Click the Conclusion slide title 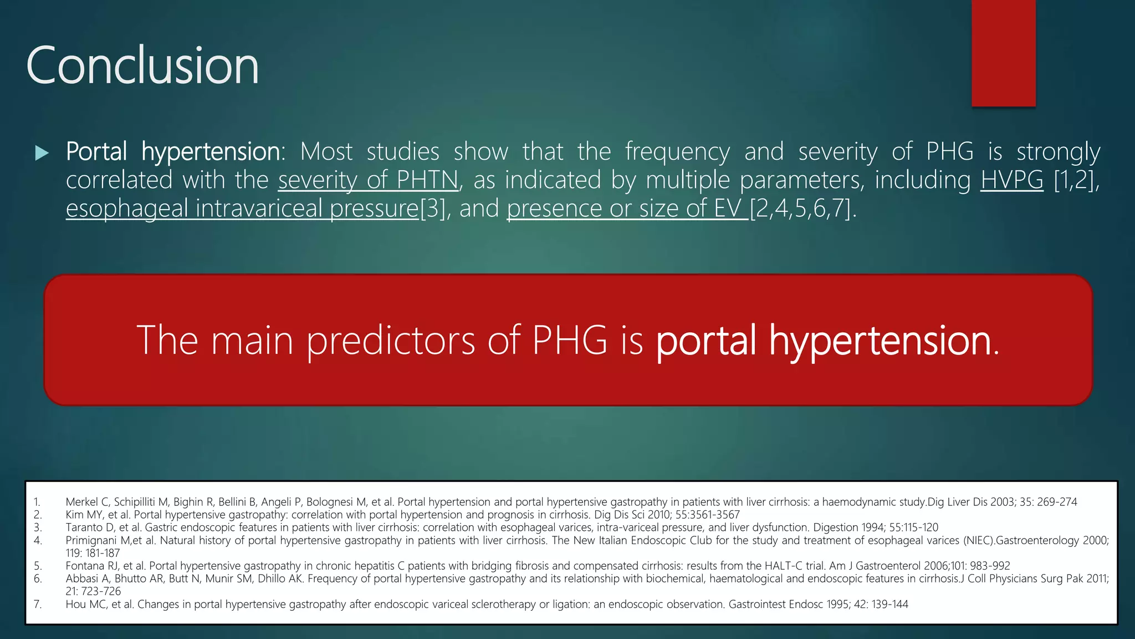[142, 65]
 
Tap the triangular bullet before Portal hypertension [42, 153]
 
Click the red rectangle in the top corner [1003, 53]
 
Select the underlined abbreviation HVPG [1011, 180]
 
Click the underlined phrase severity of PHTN [369, 180]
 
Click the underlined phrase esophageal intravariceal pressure [242, 209]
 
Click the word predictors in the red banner [391, 340]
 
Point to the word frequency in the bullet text [677, 151]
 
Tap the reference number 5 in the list [38, 566]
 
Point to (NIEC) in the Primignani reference [979, 540]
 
